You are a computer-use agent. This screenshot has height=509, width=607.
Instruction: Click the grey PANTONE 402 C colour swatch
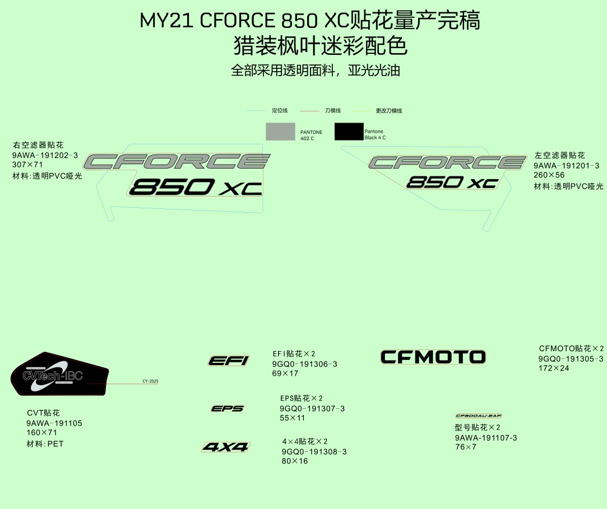pos(280,132)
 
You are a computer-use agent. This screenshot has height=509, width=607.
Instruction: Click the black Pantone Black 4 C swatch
pos(349,132)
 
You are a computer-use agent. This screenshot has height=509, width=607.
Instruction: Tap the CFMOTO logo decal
pos(433,357)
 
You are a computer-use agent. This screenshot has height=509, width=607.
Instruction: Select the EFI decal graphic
pos(229,361)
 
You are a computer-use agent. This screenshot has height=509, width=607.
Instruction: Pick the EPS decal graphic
pos(228,409)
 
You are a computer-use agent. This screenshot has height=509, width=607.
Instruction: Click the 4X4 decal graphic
pos(226,447)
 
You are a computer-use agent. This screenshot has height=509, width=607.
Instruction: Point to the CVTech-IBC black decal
pos(59,375)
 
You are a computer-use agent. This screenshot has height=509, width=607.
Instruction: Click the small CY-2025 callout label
pos(150,381)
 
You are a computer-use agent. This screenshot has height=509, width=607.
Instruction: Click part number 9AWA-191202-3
pos(45,155)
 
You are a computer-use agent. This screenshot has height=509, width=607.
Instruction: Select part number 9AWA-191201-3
pos(566,166)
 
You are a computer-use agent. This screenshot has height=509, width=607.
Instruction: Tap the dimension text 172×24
pos(554,368)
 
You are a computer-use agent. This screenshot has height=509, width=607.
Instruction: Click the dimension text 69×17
pos(285,373)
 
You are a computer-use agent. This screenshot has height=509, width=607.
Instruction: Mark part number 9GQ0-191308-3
pos(314,452)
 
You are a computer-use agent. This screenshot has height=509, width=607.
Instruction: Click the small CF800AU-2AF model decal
pos(478,416)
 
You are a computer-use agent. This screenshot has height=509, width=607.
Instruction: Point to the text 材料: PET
pos(45,444)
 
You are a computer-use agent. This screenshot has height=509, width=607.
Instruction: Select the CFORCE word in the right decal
pos(447,163)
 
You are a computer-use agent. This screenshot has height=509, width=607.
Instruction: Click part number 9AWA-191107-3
pos(486,438)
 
